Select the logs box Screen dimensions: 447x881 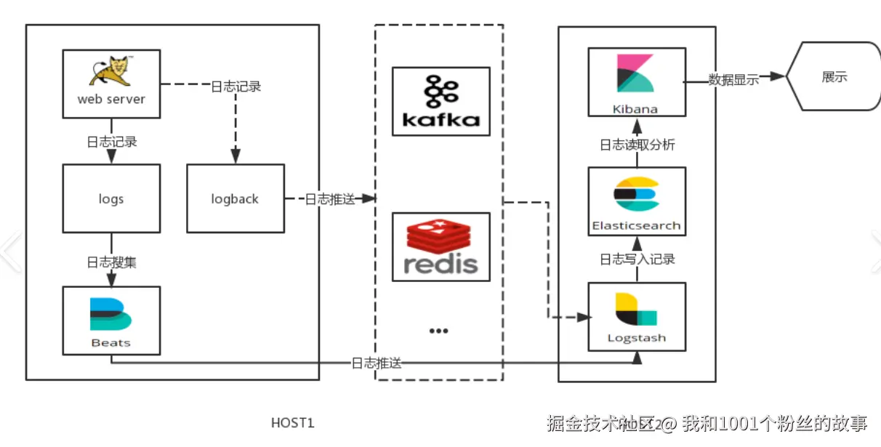(x=111, y=198)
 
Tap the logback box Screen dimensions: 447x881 (x=235, y=198)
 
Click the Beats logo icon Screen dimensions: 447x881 (x=110, y=315)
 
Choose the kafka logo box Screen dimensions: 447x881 (x=441, y=101)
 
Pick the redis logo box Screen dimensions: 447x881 (x=441, y=246)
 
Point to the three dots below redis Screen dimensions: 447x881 (x=438, y=331)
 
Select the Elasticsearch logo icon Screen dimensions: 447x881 (x=636, y=194)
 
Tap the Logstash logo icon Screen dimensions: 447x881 (x=636, y=310)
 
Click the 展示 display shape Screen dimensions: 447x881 (x=834, y=76)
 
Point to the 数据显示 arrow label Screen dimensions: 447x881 (x=733, y=80)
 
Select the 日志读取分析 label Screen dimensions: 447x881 (x=637, y=145)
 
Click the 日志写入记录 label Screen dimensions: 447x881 (x=637, y=259)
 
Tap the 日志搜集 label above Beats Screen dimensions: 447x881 (x=111, y=262)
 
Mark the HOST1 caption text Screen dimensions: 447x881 (x=293, y=423)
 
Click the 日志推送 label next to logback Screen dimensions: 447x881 (x=329, y=199)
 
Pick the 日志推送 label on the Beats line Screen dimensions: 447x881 (x=376, y=363)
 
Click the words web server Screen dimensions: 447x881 (x=111, y=99)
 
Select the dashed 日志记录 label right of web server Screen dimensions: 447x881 (x=236, y=86)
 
